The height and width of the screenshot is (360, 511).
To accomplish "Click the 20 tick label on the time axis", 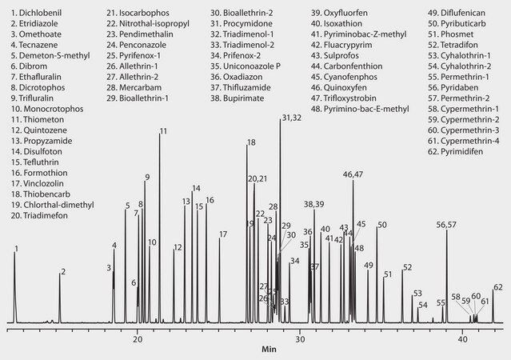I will tap(138, 339).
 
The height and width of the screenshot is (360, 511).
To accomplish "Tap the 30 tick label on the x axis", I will tap(300, 339).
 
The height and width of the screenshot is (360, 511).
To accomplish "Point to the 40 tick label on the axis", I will tap(463, 339).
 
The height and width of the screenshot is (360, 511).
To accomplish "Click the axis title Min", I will tap(269, 350).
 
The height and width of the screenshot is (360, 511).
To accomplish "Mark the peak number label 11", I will tap(163, 130).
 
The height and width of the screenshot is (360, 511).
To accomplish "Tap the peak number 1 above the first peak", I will tap(15, 249).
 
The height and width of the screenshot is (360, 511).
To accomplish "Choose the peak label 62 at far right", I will tap(497, 286).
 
